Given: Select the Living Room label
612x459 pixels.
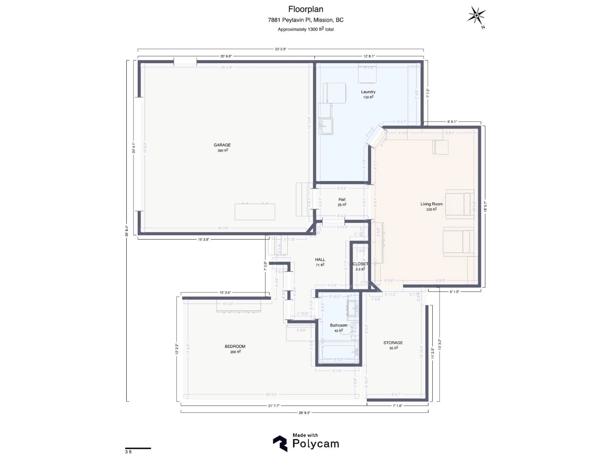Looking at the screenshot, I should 431,204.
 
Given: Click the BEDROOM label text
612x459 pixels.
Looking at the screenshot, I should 235,346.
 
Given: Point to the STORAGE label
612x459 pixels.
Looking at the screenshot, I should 393,342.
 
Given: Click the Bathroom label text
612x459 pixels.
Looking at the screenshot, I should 338,325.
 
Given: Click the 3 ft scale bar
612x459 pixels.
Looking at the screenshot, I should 138,448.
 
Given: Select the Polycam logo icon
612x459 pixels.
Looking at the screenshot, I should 280,444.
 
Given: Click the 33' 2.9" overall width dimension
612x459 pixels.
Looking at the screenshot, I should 280,49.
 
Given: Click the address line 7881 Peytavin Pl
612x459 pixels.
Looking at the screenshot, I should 306,20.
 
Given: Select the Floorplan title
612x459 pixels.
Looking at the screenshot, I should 306,9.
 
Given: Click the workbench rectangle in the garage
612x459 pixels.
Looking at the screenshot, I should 255,212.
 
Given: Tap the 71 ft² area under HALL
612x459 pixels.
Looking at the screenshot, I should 320,265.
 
